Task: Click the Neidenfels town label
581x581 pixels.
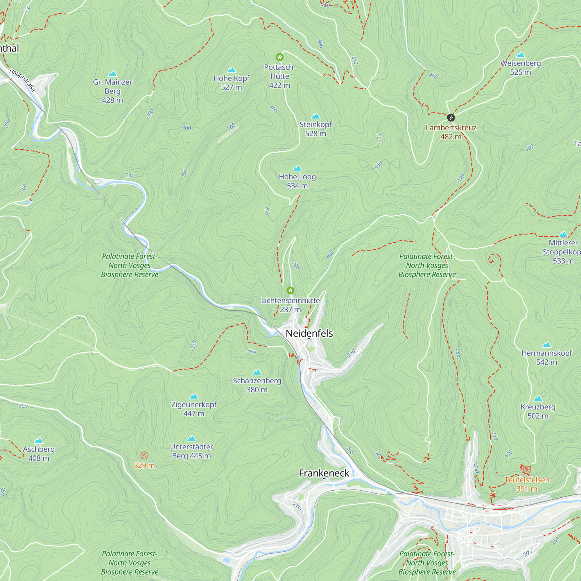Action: click(x=309, y=333)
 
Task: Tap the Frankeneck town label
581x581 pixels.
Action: click(x=324, y=473)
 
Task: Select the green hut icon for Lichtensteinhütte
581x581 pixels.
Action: click(x=290, y=290)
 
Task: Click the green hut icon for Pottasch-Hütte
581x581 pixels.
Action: click(x=279, y=57)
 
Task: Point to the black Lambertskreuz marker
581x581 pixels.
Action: click(x=451, y=118)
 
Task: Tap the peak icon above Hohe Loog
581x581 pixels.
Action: click(x=297, y=168)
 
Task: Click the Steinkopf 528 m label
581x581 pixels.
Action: click(x=315, y=129)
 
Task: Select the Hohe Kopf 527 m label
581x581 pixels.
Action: click(x=231, y=83)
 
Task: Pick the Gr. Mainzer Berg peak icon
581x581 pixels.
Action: click(x=112, y=74)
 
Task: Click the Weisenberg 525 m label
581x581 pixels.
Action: click(x=520, y=68)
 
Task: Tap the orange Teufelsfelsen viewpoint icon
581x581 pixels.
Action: click(x=526, y=469)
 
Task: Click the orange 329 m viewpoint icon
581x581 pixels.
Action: click(x=144, y=455)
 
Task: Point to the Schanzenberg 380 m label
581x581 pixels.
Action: click(x=257, y=385)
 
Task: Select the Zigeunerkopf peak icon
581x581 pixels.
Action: click(x=194, y=396)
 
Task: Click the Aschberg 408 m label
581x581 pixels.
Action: click(x=39, y=453)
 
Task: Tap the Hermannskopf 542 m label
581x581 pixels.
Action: click(x=546, y=357)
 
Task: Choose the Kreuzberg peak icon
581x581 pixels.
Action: click(x=538, y=399)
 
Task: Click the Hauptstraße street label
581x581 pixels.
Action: click(x=22, y=80)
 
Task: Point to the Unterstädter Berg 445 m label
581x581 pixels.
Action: click(x=191, y=451)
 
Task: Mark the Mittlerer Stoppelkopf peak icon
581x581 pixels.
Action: click(x=563, y=234)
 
